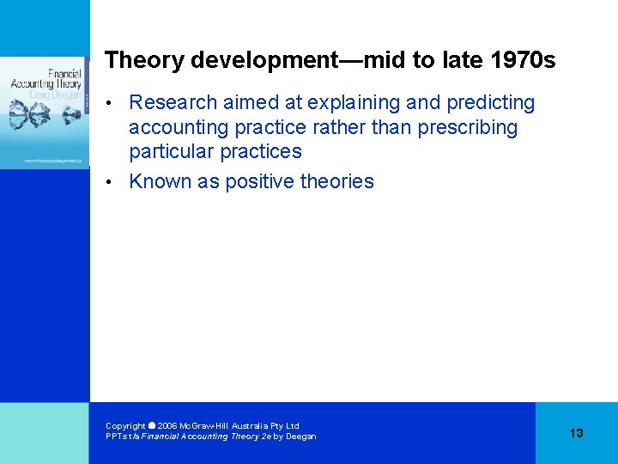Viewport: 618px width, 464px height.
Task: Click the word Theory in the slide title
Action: point(144,61)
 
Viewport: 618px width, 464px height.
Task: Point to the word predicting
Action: point(490,103)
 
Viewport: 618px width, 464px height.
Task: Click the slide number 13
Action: point(576,433)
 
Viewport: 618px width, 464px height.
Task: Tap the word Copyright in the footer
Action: point(125,426)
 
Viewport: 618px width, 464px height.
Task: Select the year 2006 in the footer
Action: point(167,426)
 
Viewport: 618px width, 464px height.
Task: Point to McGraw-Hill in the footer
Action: point(211,426)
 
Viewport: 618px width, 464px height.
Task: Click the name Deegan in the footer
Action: point(300,437)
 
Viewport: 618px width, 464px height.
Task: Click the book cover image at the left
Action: point(45,112)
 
